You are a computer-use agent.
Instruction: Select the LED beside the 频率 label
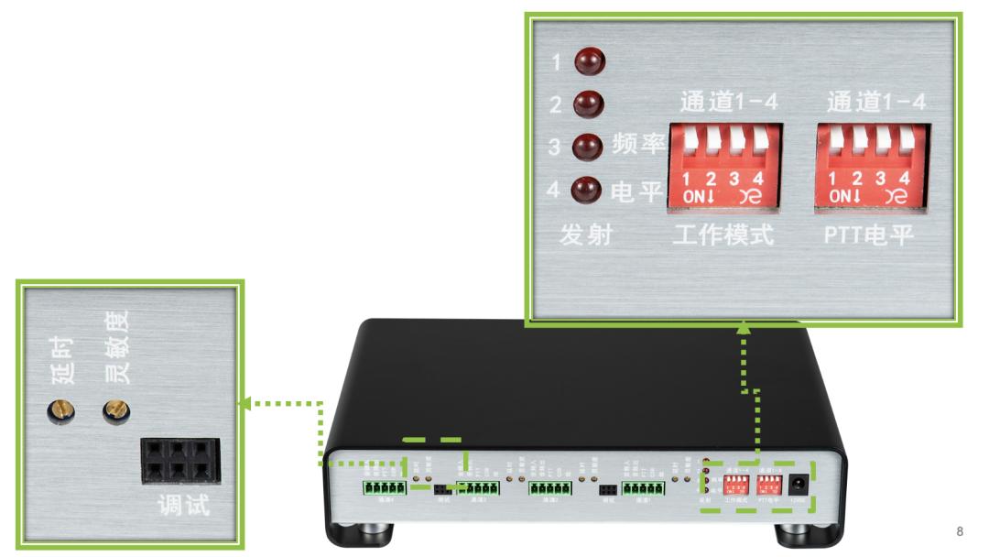(583, 147)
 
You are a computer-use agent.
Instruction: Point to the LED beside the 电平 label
(583, 191)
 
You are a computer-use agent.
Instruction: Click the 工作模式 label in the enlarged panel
(723, 237)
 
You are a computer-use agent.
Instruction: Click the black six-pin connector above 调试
(180, 460)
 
